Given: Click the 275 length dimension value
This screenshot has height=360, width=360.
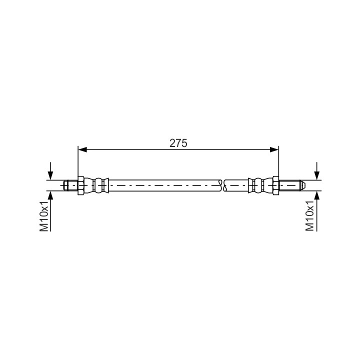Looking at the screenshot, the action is (178, 143).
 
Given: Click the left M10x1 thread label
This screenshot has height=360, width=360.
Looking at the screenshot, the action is (44, 215).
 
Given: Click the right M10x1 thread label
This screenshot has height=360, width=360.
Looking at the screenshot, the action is (309, 215).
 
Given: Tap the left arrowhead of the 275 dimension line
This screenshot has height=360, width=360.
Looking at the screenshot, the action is (82, 149).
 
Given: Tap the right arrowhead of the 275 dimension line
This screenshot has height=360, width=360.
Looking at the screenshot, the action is (274, 149).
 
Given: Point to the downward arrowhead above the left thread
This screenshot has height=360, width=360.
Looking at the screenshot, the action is (50, 175).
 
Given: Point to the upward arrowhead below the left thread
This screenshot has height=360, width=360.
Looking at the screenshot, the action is (50, 194).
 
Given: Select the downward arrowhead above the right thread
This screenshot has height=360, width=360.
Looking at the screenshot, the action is (317, 175).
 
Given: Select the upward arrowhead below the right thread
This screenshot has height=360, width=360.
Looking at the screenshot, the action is (317, 194).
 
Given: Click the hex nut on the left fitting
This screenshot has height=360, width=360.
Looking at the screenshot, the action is (81, 185).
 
